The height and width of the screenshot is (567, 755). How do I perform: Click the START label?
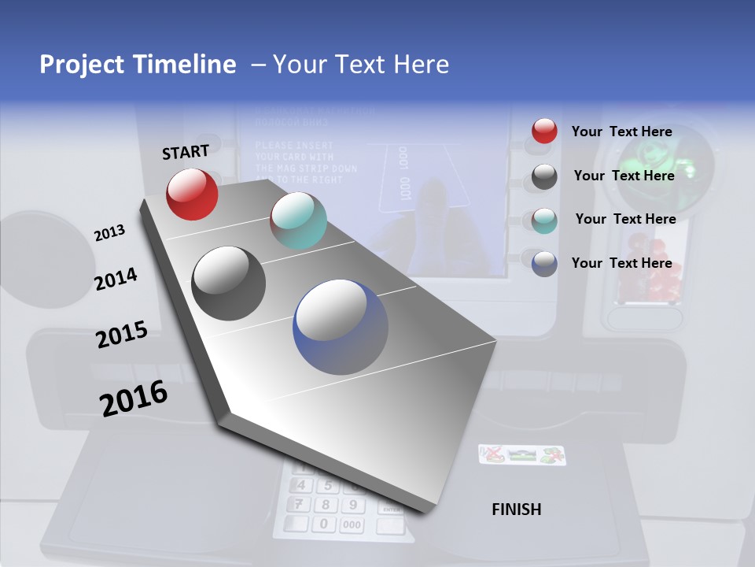click(186, 151)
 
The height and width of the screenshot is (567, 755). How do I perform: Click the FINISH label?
click(516, 510)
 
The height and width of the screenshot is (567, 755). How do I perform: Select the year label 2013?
click(109, 232)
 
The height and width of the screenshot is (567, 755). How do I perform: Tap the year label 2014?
click(116, 279)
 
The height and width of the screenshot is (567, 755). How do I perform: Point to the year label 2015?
click(121, 335)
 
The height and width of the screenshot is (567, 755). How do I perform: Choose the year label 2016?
click(134, 398)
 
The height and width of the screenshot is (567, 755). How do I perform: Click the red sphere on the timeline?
click(192, 194)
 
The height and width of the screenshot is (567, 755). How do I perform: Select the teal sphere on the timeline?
click(298, 220)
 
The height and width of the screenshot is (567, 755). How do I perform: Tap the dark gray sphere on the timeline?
click(228, 283)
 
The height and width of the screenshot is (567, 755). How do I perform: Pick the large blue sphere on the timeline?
click(341, 326)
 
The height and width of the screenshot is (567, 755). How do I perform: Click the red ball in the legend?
click(544, 132)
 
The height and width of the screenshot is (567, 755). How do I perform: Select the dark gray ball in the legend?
click(544, 176)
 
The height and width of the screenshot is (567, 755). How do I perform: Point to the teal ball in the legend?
click(544, 220)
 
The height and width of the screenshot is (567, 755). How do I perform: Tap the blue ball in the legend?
click(544, 264)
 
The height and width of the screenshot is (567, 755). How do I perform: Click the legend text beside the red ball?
click(621, 132)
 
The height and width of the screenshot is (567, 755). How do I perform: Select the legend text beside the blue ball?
click(621, 263)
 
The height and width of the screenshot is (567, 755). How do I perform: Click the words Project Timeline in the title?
click(138, 65)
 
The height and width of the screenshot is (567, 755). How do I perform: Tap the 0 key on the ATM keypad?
click(323, 524)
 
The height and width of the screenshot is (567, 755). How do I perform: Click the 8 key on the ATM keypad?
click(326, 505)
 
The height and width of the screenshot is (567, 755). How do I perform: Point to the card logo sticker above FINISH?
click(522, 454)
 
